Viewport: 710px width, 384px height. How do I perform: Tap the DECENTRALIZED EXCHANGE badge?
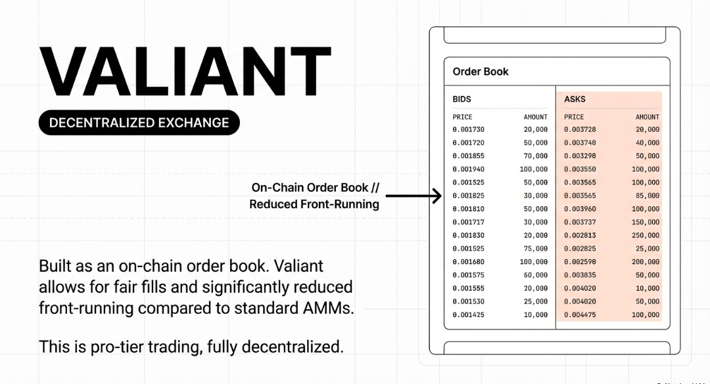pos(139,123)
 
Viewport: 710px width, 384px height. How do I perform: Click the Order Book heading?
pos(481,72)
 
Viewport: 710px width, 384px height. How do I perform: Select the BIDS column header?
pos(462,99)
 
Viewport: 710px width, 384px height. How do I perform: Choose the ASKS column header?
pos(575,99)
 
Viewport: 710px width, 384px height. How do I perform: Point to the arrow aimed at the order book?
pos(414,196)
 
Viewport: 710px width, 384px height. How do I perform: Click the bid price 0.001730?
pos(468,129)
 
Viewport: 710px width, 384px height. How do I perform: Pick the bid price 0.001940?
pos(468,169)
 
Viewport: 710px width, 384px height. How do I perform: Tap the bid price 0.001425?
pos(468,315)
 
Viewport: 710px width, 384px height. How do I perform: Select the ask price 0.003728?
pos(580,129)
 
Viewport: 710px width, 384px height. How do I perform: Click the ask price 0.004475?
pos(580,315)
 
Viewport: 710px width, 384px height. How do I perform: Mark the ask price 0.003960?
pos(580,209)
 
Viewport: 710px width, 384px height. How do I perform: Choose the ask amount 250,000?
pos(646,236)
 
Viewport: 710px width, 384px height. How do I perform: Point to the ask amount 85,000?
pos(648,196)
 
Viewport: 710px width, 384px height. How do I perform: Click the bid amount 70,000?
pos(536,156)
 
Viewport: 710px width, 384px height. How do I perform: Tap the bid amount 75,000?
pos(536,249)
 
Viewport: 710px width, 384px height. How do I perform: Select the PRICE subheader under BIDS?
pos(462,117)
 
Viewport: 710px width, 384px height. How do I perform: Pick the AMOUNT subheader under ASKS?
pos(647,117)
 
